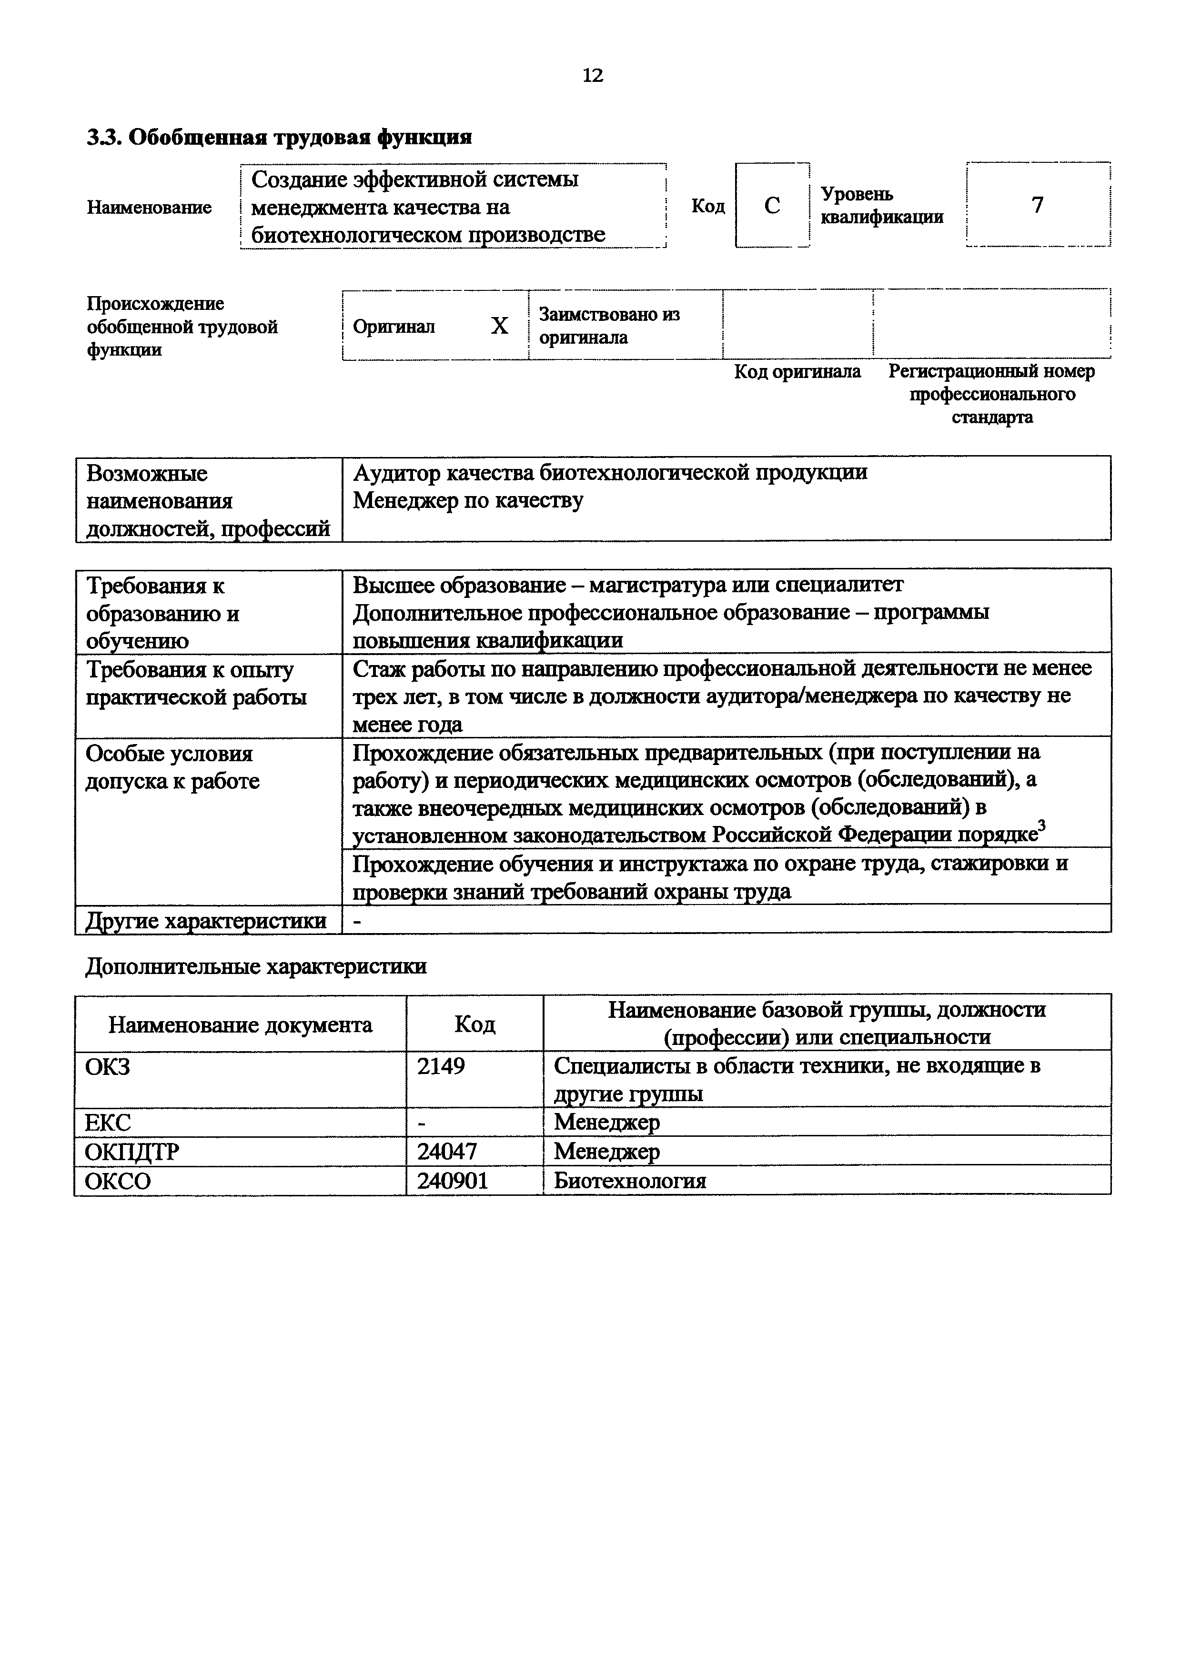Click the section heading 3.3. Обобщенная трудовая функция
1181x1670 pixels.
[x=280, y=137]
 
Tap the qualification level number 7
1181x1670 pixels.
[x=1038, y=205]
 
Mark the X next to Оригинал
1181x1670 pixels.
[x=499, y=326]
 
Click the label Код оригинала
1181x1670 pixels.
[x=797, y=372]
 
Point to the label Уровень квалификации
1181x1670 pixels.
[x=882, y=206]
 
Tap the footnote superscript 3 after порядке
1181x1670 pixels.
[x=1041, y=825]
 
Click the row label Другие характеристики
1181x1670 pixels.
[x=206, y=921]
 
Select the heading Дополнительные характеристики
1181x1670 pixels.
[x=256, y=967]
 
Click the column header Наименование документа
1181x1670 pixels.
[x=240, y=1025]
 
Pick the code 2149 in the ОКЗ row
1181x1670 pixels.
[x=441, y=1066]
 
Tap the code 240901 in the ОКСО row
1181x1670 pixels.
[x=452, y=1181]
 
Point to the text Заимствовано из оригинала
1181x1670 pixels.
[x=609, y=326]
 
